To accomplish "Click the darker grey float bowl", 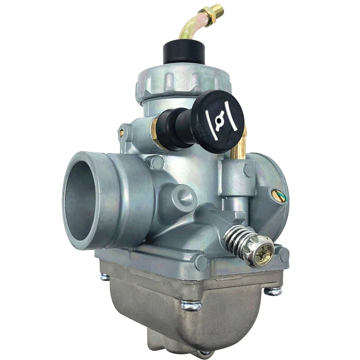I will [x=180, y=303].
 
